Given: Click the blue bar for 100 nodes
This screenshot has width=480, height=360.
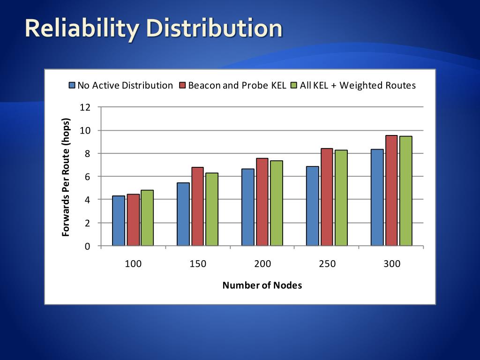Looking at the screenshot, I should [x=119, y=221].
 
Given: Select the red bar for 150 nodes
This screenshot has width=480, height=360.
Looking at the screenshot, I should [x=198, y=206].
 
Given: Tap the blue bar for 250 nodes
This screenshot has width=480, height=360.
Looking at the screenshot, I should [x=312, y=206].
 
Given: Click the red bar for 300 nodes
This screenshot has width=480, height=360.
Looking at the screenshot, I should [x=391, y=190].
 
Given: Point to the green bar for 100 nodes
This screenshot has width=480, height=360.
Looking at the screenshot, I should [x=147, y=217].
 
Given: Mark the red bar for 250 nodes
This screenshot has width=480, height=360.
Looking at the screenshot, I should [x=327, y=197].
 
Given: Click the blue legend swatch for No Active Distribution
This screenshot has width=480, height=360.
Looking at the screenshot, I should [x=72, y=85].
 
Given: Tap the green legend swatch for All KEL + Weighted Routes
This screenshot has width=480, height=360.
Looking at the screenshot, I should [x=294, y=85].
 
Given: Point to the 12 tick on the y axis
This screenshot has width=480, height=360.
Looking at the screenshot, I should [x=85, y=107].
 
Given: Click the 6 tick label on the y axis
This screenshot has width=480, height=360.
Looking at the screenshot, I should [x=87, y=176].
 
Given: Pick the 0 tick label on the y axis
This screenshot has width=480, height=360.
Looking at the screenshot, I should [x=87, y=246].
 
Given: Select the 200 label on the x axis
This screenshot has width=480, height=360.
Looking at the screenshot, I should [x=262, y=264].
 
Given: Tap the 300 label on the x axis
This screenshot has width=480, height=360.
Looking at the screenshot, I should [x=392, y=264].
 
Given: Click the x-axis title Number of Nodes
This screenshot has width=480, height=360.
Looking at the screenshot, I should [x=262, y=285].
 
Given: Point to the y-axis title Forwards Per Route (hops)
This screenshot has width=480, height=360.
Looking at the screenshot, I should [x=66, y=176].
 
